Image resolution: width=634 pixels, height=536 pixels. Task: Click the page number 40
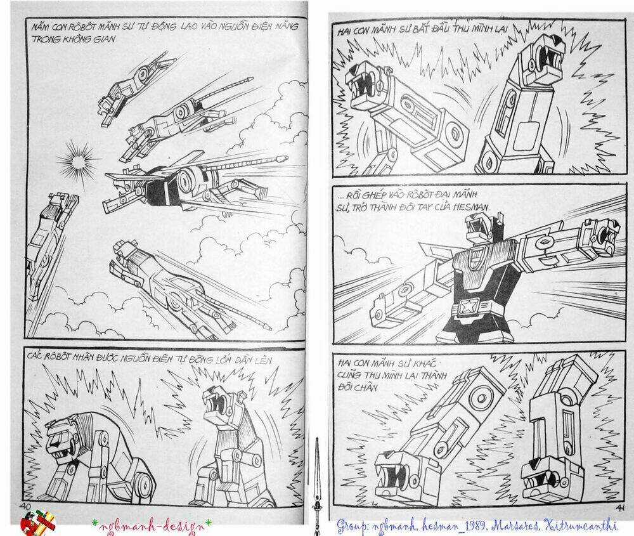[26, 506]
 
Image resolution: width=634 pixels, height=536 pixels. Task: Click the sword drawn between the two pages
[317, 482]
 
